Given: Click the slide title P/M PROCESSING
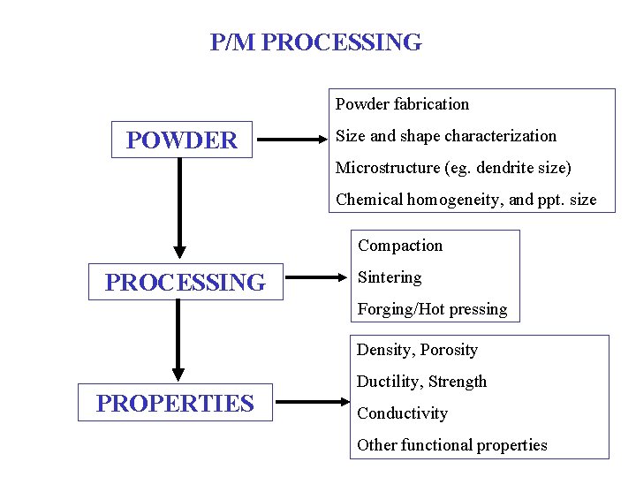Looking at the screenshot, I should click(x=316, y=42).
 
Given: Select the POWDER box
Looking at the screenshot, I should click(x=182, y=140).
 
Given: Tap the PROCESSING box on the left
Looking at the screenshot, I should click(x=185, y=283).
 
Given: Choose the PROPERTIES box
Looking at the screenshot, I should click(x=175, y=404).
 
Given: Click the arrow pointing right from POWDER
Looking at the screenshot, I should click(x=291, y=139).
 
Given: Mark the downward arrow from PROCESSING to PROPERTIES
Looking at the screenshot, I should click(x=179, y=341).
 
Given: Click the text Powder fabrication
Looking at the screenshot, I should click(x=402, y=104).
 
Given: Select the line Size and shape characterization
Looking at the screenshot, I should click(x=446, y=136).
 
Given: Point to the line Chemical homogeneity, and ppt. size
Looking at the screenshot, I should click(x=466, y=200).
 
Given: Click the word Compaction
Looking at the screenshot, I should click(x=399, y=246).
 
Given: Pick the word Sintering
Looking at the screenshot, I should click(x=390, y=277).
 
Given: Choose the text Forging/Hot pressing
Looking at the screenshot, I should click(x=432, y=309).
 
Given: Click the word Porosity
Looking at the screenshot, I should click(x=449, y=350).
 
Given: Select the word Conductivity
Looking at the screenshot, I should click(x=402, y=413).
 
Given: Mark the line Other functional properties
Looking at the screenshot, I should click(x=451, y=445).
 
